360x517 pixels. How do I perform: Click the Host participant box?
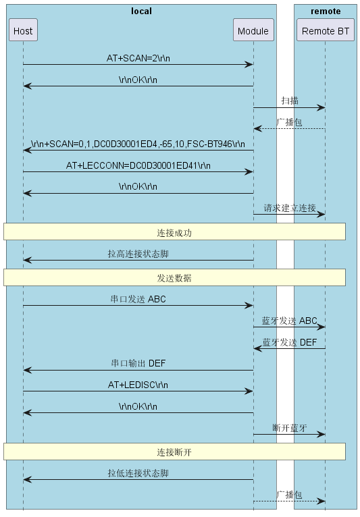(23, 30)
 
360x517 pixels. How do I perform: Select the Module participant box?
(253, 30)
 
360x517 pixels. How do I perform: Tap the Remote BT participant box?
(325, 30)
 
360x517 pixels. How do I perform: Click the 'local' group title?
(141, 11)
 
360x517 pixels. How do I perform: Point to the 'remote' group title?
(326, 11)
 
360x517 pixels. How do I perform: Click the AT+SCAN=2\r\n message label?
(138, 58)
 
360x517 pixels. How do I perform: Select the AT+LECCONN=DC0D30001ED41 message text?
(138, 165)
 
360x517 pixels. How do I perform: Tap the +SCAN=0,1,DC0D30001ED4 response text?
(138, 144)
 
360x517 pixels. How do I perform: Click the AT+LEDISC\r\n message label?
(138, 385)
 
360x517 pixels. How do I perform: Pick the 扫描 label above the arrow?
(290, 101)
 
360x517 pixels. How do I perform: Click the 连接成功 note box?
(174, 232)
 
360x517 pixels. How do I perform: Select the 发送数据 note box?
(174, 277)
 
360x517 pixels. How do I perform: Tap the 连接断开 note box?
(174, 452)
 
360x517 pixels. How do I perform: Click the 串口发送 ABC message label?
(138, 299)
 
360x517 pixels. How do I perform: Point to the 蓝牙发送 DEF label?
(290, 342)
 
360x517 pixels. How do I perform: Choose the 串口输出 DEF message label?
(138, 363)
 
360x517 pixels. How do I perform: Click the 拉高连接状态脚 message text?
(138, 254)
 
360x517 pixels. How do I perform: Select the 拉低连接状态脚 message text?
(138, 473)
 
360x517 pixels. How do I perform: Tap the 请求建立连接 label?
(290, 208)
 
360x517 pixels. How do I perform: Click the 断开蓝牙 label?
(290, 428)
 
